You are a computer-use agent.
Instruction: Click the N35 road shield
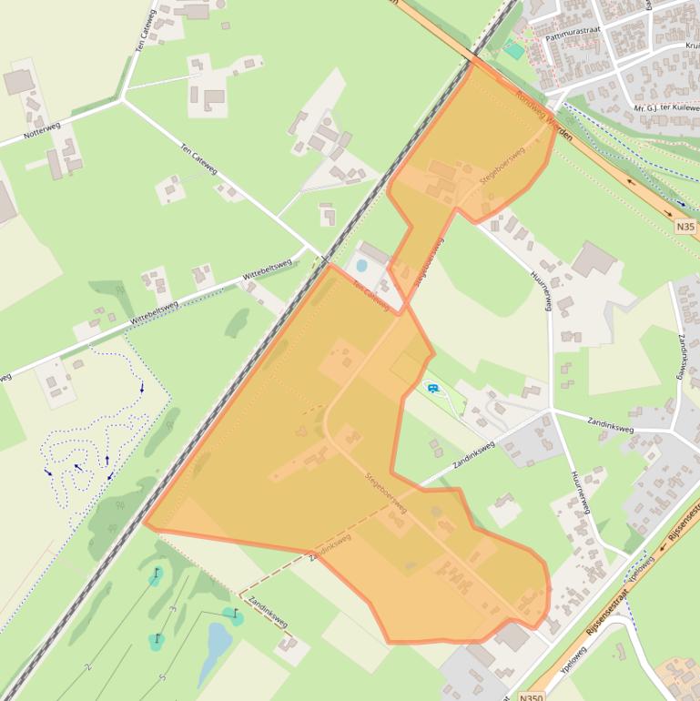pyautogui.click(x=685, y=226)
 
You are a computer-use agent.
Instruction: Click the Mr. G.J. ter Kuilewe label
pyautogui.click(x=665, y=108)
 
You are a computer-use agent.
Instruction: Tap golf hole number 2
pyautogui.click(x=88, y=666)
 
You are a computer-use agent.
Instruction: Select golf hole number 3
pyautogui.click(x=172, y=608)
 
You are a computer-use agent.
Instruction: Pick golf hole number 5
pyautogui.click(x=162, y=677)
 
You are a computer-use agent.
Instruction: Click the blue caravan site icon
pyautogui.click(x=432, y=389)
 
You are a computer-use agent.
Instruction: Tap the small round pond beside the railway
pyautogui.click(x=361, y=266)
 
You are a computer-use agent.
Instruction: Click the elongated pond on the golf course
pyautogui.click(x=217, y=647)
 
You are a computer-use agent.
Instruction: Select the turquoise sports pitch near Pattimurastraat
pyautogui.click(x=515, y=51)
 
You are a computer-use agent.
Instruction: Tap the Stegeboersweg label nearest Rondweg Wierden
pyautogui.click(x=502, y=168)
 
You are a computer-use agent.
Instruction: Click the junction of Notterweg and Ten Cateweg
pyautogui.click(x=122, y=98)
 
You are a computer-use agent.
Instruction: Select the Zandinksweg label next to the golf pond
pyautogui.click(x=268, y=612)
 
